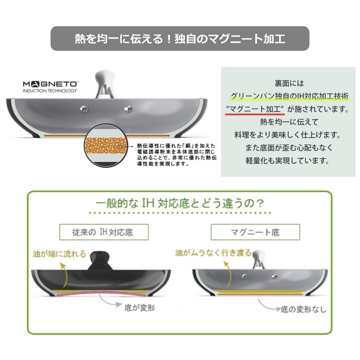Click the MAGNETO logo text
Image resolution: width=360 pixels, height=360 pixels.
pyautogui.click(x=51, y=84)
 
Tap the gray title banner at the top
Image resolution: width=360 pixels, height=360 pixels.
pyautogui.click(x=180, y=38)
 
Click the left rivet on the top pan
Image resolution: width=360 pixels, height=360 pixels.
pyautogui.click(x=84, y=109)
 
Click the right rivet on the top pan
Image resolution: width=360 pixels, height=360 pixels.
pyautogui.click(x=128, y=109)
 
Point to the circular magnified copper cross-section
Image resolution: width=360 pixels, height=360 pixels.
pyautogui.click(x=106, y=145)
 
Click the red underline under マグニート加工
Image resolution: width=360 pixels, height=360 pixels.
pyautogui.click(x=255, y=114)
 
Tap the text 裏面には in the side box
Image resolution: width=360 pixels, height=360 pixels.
pyautogui.click(x=289, y=83)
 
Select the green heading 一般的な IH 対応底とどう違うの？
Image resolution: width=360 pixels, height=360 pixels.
pyautogui.click(x=180, y=203)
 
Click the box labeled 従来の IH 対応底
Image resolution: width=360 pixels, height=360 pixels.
pyautogui.click(x=104, y=232)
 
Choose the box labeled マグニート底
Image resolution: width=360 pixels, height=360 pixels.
pyautogui.click(x=255, y=232)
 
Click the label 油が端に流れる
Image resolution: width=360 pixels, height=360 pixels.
pyautogui.click(x=59, y=254)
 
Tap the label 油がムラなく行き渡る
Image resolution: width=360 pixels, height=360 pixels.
pyautogui.click(x=213, y=253)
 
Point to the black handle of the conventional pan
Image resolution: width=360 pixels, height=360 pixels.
pyautogui.click(x=99, y=260)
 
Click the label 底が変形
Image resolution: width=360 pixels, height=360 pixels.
pyautogui.click(x=140, y=307)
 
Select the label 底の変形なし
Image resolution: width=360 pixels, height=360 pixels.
pyautogui.click(x=304, y=309)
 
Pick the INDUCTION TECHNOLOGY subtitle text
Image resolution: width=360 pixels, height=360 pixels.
pyautogui.click(x=50, y=90)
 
